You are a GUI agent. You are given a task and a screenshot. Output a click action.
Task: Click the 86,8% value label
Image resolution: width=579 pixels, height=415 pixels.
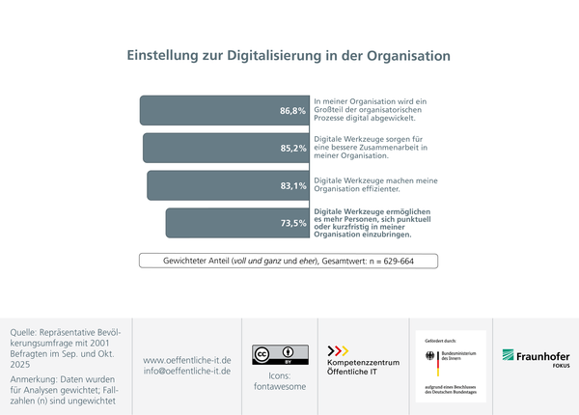tap(292, 111)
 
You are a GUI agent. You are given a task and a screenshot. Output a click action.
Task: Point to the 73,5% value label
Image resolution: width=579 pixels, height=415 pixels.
tap(292, 223)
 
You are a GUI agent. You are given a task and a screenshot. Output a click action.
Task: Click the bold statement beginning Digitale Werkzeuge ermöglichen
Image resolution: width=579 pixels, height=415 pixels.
tap(372, 222)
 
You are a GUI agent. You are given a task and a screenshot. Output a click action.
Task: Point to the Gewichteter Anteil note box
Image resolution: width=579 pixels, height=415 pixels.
tap(289, 261)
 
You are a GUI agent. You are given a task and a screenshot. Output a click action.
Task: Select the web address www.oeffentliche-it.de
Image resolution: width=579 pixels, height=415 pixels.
tap(186, 359)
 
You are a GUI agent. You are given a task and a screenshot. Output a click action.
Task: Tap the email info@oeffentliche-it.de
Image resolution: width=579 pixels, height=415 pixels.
tap(186, 371)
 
